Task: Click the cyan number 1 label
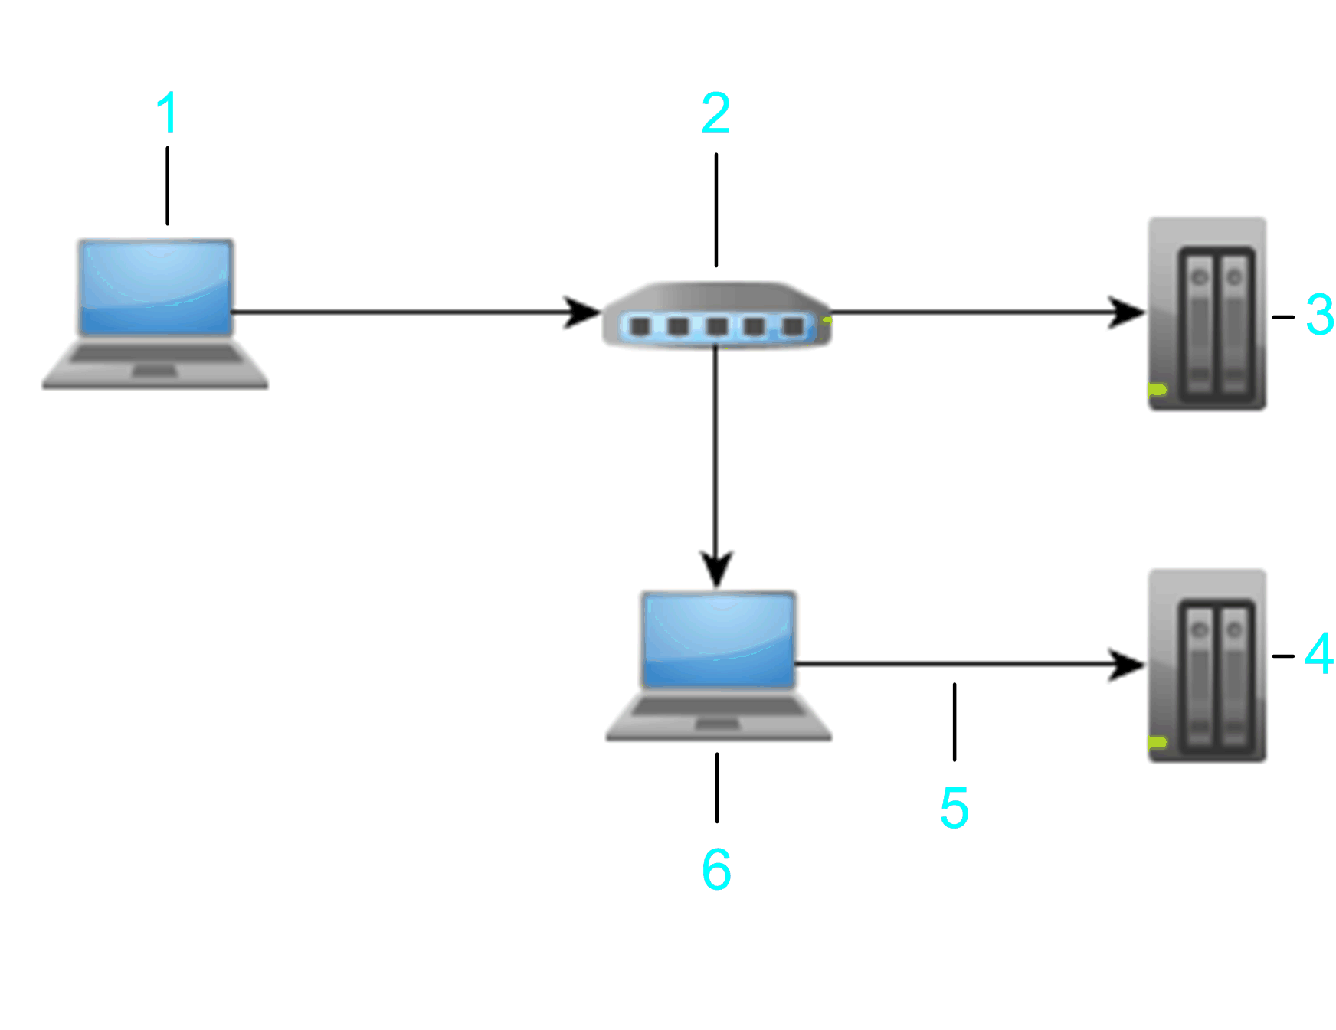167,113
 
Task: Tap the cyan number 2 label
715,113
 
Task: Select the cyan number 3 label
1319,315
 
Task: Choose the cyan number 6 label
716,869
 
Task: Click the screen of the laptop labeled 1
156,287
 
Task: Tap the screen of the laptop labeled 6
719,639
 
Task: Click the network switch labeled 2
716,316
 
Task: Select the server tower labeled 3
1207,314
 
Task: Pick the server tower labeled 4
1207,665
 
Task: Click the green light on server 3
1157,390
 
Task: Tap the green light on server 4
1157,742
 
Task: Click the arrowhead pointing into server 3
1128,312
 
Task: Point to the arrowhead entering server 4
1128,664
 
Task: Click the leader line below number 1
167,185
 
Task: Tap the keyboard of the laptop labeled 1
156,355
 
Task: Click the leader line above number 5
955,721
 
